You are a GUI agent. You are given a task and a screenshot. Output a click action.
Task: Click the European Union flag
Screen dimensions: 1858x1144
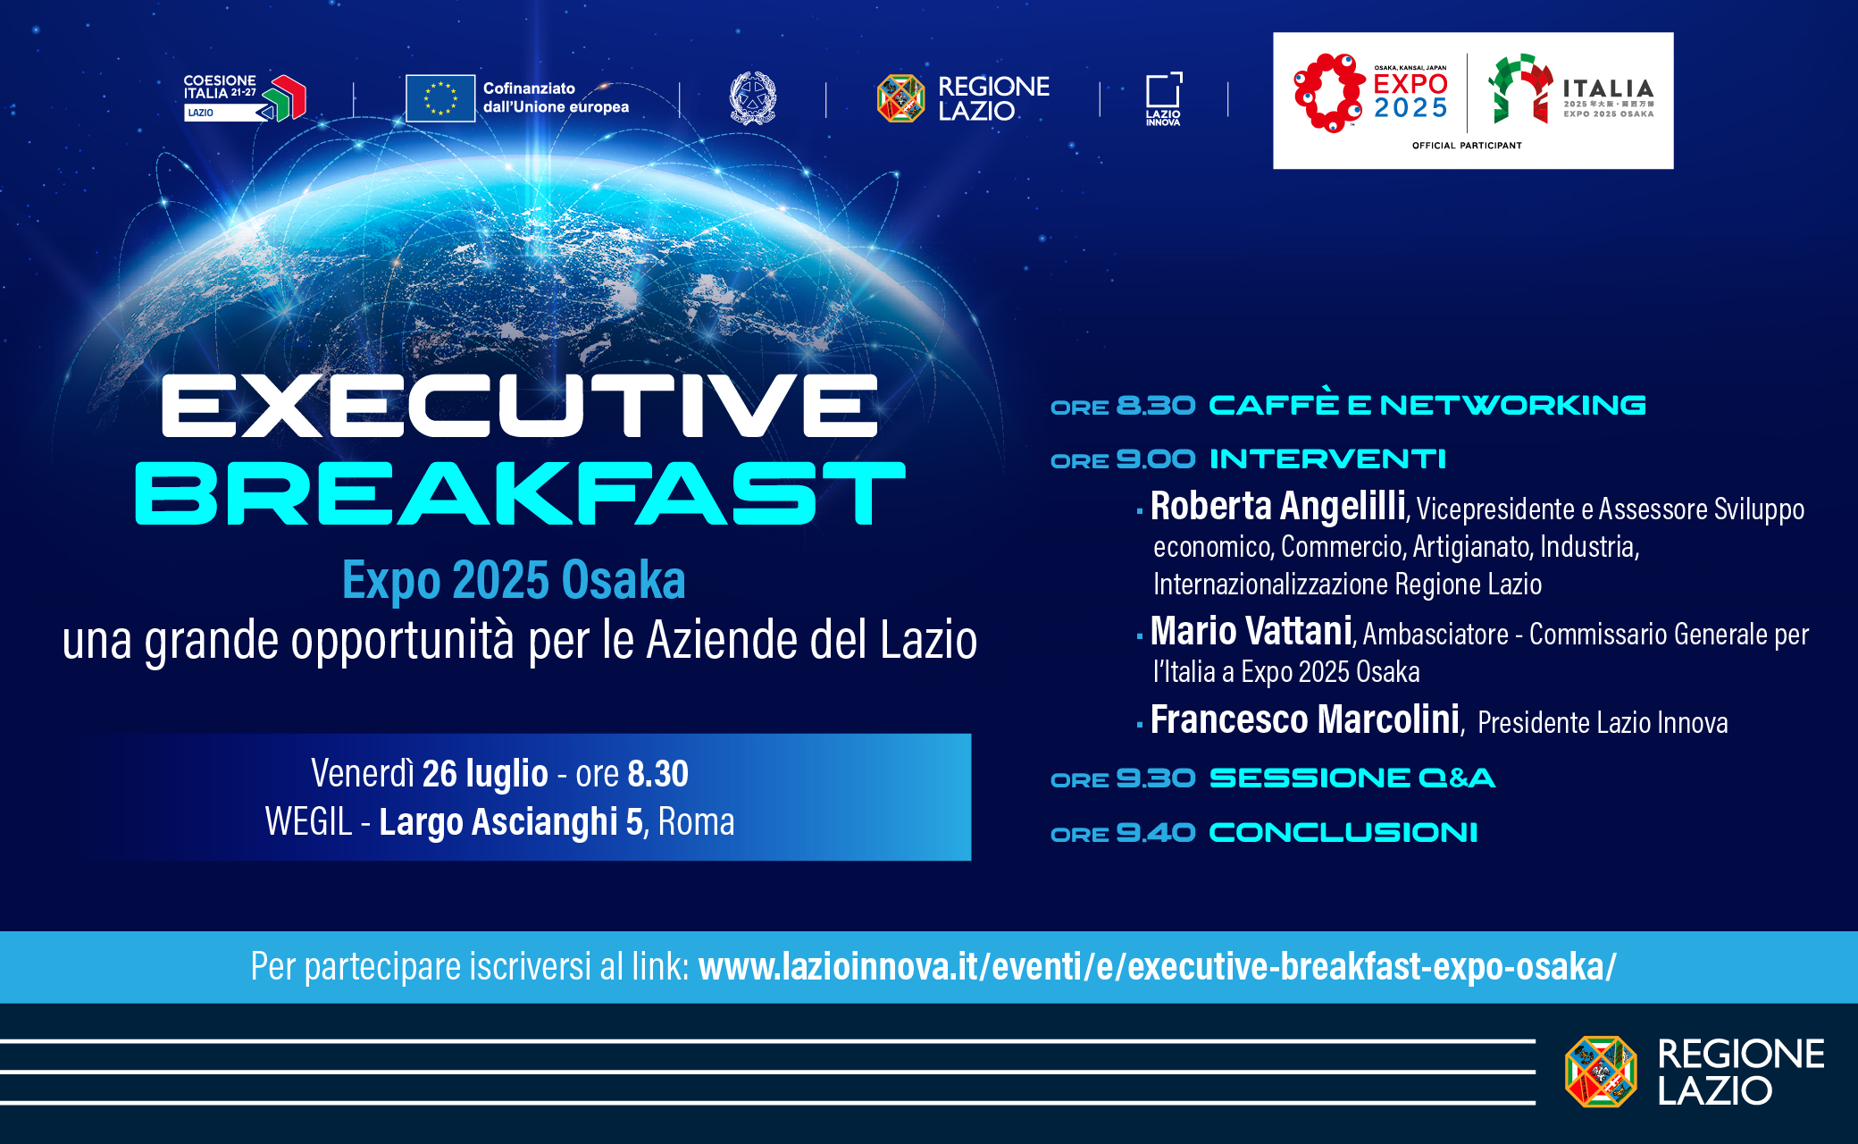pos(440,98)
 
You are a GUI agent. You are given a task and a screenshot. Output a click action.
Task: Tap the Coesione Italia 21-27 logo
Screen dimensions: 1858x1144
pos(245,97)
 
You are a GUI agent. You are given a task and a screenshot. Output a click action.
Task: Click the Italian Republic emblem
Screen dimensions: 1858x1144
pos(753,97)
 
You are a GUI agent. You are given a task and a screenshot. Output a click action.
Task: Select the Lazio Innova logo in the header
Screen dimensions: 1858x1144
pos(1164,98)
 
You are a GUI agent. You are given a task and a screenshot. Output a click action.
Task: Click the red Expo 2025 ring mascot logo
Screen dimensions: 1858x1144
pos(1329,93)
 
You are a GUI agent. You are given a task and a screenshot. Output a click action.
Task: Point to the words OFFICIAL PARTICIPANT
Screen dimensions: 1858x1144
pos(1467,145)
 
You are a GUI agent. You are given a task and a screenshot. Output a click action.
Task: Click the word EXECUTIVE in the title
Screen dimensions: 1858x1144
pos(519,406)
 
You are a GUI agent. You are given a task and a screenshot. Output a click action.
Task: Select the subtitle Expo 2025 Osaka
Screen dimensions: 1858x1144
pos(514,580)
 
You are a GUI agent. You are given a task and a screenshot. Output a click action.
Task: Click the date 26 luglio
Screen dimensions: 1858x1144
pos(485,774)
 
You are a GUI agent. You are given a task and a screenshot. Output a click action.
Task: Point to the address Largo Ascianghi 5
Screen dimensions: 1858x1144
pos(511,822)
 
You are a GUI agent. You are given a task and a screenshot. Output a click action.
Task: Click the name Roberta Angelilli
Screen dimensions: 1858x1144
pos(1278,506)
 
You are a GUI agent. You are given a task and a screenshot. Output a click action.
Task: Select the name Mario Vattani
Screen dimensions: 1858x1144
pos(1251,631)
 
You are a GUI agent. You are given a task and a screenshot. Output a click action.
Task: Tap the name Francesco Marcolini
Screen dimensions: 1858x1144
pos(1305,719)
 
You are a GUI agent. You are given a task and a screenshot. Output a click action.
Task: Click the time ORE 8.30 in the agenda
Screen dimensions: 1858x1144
pos(1123,406)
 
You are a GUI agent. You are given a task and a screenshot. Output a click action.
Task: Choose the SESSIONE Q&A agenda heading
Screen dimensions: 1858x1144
pos(1352,778)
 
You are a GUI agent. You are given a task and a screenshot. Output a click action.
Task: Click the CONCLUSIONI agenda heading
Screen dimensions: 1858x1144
pos(1343,833)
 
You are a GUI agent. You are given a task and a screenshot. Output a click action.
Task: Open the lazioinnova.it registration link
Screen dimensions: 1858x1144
pos(1158,967)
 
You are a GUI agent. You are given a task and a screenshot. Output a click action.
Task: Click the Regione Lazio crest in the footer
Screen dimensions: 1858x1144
pos(1601,1072)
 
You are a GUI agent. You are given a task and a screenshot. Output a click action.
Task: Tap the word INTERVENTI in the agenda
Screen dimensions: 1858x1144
pos(1327,459)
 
